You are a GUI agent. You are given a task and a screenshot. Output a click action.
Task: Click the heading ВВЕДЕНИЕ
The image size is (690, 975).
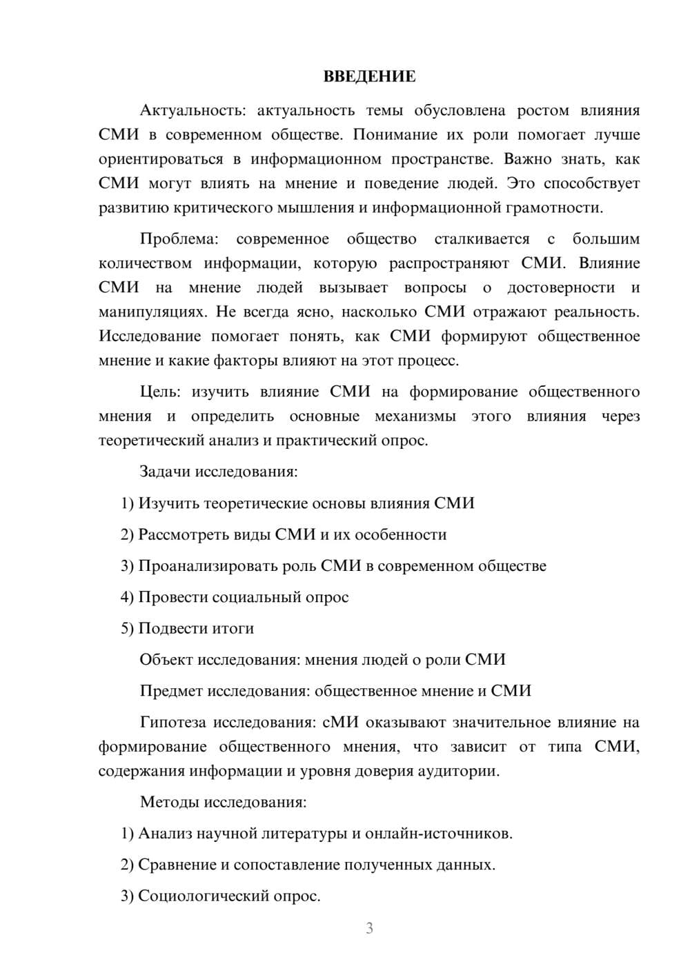(369, 77)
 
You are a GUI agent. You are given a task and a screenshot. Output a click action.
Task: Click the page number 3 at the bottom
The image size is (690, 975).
(369, 928)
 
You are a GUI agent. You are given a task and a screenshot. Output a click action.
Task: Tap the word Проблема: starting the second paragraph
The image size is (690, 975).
(179, 239)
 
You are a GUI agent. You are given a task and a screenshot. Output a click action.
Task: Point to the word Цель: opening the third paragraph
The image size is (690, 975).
(159, 392)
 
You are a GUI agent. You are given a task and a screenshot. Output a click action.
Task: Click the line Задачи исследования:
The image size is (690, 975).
(219, 472)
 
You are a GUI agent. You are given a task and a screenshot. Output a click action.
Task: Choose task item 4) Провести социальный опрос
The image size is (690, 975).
(235, 597)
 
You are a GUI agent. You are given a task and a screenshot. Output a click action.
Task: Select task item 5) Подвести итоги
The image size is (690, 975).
(187, 628)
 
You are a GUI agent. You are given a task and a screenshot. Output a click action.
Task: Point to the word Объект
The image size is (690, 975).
(166, 659)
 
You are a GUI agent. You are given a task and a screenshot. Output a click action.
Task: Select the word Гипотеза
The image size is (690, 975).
(173, 723)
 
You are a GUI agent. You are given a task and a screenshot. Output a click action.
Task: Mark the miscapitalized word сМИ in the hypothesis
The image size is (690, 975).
(341, 723)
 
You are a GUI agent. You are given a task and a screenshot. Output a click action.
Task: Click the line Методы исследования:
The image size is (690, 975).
(223, 802)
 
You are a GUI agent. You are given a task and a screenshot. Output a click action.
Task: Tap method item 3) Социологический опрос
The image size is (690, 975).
(221, 896)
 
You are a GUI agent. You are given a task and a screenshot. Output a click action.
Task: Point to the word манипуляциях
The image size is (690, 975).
(152, 312)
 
